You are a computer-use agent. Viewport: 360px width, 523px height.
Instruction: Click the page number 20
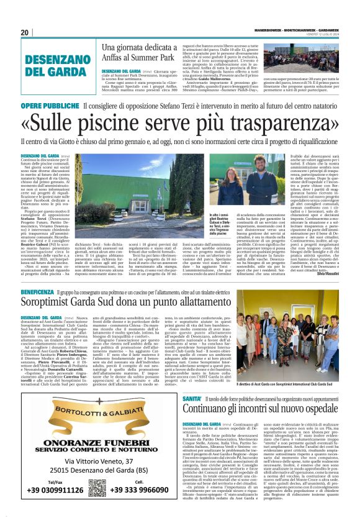25,32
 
